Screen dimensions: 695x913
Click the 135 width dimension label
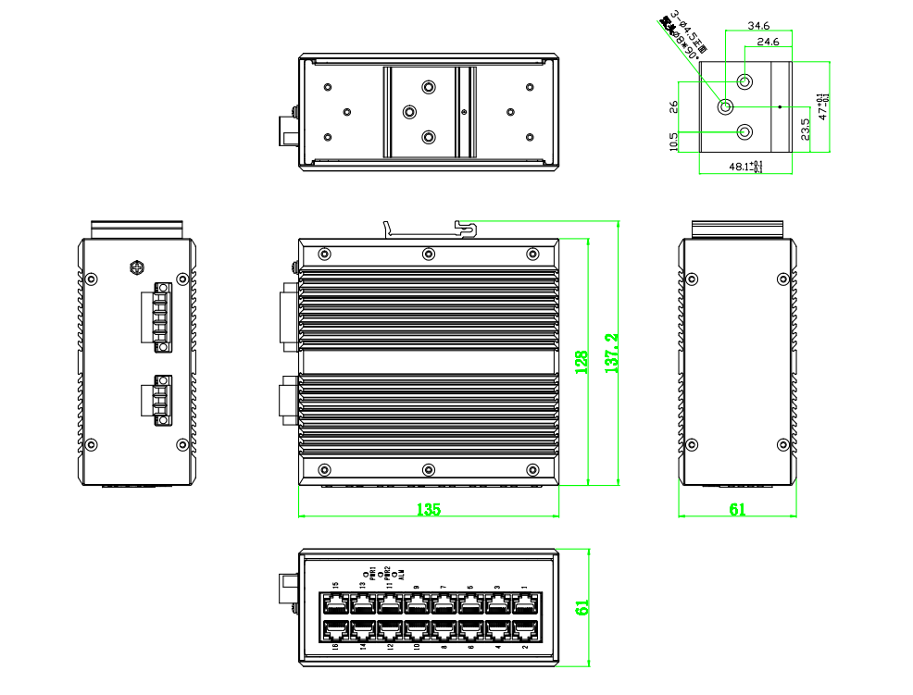coord(428,509)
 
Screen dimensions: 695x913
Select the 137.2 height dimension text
coord(610,354)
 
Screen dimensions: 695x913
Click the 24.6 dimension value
coord(769,43)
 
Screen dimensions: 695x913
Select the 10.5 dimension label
coord(673,141)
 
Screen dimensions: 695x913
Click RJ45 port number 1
coord(525,604)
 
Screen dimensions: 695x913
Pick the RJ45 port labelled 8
coord(443,631)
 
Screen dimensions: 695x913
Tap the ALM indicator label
coord(401,575)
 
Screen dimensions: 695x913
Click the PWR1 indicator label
coord(372,573)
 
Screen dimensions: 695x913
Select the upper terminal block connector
coord(158,316)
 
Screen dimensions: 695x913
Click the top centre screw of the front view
coord(428,254)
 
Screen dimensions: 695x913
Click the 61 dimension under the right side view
coord(738,509)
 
